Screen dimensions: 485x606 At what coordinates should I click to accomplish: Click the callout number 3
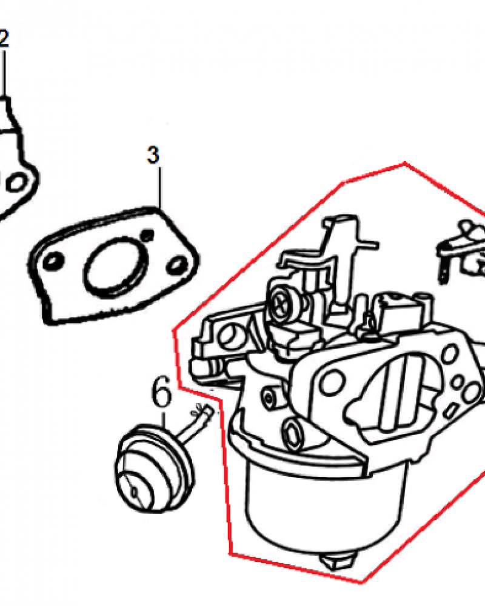click(153, 155)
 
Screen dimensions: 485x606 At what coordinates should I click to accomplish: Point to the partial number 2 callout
click(4, 39)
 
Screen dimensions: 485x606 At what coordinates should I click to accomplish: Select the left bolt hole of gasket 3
click(53, 261)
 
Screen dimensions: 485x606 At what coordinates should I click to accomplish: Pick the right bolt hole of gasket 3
click(177, 265)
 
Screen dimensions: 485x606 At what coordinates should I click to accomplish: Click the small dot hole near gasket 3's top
click(147, 235)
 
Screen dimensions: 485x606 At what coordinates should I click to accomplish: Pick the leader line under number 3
click(159, 187)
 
